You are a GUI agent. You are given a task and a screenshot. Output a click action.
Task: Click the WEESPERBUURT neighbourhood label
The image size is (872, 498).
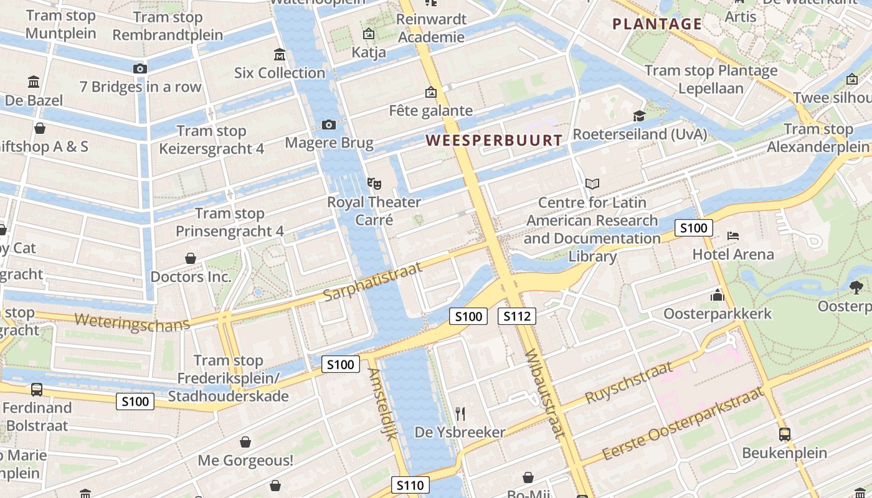pos(494,140)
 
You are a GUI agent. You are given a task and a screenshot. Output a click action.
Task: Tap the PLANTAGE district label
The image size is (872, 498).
pos(657,24)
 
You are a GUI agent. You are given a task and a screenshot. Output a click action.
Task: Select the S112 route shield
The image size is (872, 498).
pos(517,316)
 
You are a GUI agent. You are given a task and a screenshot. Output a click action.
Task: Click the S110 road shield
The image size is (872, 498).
pos(410,485)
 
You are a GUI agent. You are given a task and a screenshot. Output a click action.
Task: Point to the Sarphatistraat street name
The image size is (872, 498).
pos(373,281)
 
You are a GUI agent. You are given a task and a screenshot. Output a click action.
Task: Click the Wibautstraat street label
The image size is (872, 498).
pos(544,394)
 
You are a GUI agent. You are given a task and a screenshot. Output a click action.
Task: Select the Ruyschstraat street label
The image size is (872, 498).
pos(630,382)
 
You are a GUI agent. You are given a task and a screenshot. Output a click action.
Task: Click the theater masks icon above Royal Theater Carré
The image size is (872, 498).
pos(374,184)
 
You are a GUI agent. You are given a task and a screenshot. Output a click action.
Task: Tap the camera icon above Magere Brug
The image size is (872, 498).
pos(329,125)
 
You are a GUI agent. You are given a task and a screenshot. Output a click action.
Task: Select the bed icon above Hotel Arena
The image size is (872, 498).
pos(733,236)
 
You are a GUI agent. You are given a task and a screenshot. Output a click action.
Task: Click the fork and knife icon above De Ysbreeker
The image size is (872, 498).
pos(460,413)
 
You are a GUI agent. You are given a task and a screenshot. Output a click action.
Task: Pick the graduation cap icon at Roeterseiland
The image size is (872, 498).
pos(639,116)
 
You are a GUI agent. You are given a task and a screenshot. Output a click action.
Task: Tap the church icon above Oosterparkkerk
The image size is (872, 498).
pos(718,295)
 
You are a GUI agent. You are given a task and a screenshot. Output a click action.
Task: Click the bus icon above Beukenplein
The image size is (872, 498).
pos(784,435)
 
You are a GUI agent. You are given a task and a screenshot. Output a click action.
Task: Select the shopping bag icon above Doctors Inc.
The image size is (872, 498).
pos(191,258)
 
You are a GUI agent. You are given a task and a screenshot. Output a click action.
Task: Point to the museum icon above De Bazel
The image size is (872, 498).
pos(34,82)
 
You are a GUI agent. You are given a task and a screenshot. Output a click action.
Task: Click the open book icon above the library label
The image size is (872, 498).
pos(592,184)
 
